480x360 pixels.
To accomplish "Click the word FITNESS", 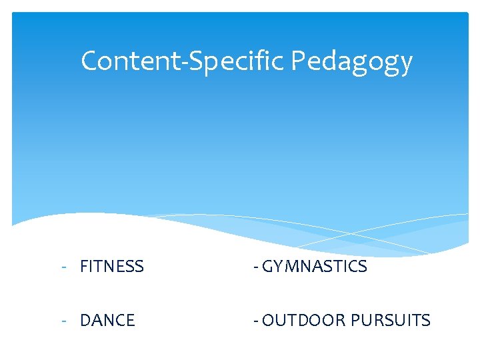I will click(111, 267).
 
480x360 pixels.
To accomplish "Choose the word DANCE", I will click(107, 321).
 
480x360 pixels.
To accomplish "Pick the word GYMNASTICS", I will click(315, 267).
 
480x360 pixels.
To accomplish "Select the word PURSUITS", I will click(391, 321).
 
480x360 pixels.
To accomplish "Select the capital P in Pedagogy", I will click(298, 61).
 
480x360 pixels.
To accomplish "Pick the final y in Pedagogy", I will click(406, 65).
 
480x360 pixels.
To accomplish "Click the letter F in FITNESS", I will click(84, 267).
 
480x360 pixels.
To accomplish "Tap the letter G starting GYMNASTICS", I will click(269, 267).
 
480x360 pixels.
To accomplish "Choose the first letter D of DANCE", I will click(85, 321).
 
